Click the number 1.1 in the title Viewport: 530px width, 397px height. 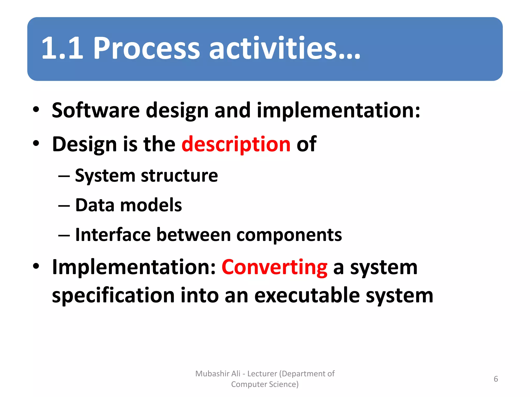pos(62,48)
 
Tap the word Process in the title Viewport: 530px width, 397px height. pos(146,48)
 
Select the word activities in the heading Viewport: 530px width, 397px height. pos(272,48)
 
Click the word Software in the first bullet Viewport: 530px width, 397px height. pos(96,110)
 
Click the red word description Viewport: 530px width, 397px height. pos(236,144)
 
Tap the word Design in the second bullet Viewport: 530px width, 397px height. pos(84,144)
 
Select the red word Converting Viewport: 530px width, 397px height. pos(274,267)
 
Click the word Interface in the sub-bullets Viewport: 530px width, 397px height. pos(113,235)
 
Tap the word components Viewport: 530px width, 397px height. pos(289,235)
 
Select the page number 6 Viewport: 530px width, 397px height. pos(496,379)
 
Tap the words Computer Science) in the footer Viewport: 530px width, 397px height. pos(265,384)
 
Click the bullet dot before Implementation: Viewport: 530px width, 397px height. pos(36,266)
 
